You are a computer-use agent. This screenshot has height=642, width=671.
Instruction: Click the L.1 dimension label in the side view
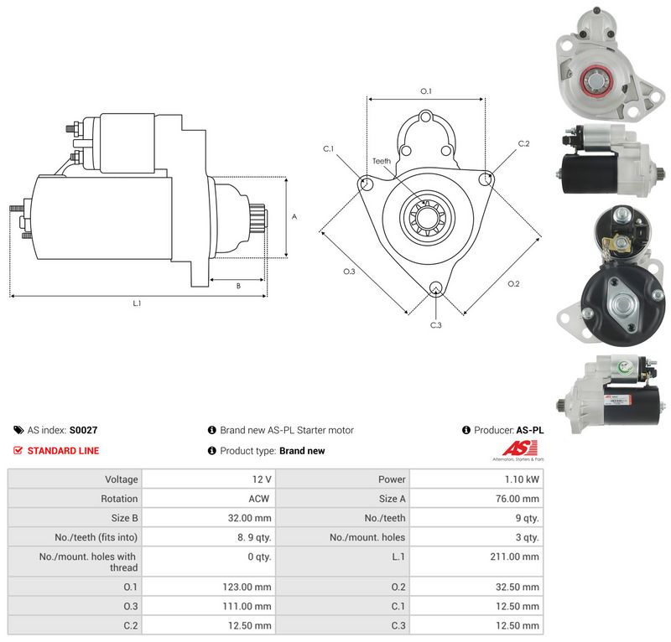137,303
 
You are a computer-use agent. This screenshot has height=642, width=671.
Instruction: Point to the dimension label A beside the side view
294,217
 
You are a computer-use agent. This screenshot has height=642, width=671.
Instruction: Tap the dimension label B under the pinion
238,286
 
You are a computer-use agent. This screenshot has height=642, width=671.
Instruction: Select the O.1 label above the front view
426,91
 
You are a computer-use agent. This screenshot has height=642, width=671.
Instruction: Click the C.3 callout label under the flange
435,325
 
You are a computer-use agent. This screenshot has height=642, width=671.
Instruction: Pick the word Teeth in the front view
382,161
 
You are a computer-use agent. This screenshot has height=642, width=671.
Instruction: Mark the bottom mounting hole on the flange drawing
436,287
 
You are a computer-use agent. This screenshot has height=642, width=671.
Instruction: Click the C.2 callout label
523,143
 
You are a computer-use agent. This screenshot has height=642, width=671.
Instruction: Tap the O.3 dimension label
349,272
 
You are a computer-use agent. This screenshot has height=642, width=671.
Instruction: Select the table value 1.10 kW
522,479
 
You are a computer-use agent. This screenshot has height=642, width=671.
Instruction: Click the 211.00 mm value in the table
514,557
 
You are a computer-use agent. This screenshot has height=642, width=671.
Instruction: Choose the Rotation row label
119,499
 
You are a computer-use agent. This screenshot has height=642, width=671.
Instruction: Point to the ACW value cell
259,499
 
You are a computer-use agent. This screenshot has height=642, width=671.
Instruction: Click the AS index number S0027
83,430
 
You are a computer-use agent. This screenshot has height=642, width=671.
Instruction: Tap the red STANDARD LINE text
64,451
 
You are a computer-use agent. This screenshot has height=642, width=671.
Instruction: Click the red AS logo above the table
519,448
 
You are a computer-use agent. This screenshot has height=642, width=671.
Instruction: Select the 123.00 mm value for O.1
247,587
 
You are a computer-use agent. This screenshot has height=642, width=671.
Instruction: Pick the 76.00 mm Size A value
518,499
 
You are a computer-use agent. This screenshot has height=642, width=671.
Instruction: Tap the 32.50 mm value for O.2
518,587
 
